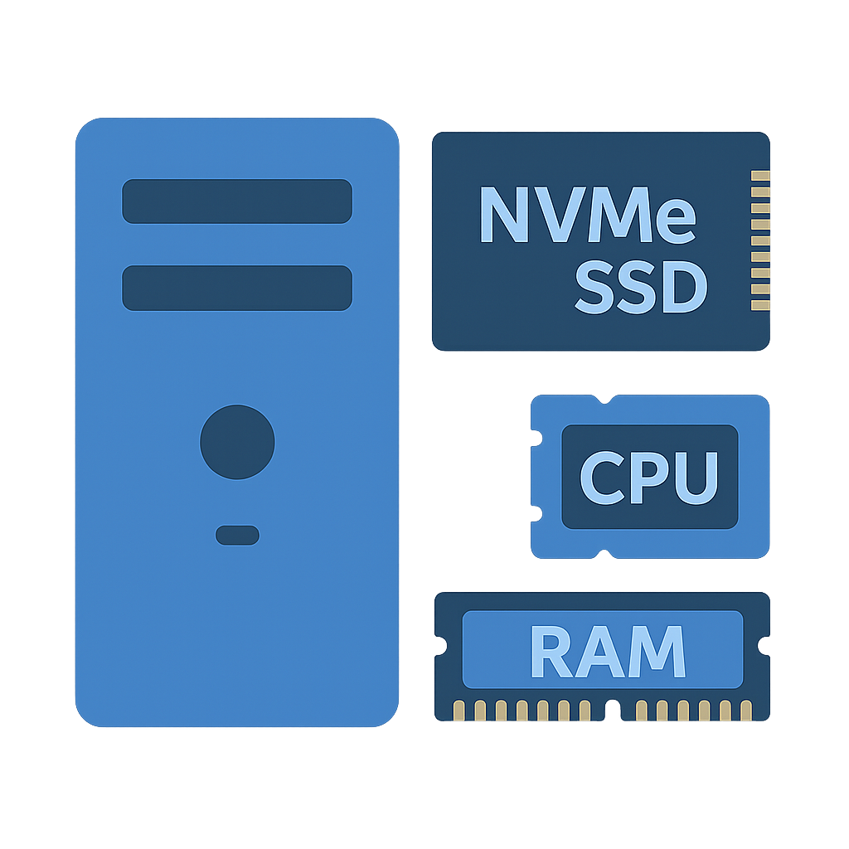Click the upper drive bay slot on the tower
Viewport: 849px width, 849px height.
pos(237,201)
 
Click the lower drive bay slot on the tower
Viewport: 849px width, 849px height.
pos(237,288)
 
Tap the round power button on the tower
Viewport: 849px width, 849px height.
pos(237,442)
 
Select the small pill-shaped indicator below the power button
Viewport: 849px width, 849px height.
pos(237,536)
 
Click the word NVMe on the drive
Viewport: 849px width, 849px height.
pos(587,215)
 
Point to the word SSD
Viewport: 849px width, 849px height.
pos(641,287)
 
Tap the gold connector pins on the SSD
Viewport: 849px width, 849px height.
pos(759,240)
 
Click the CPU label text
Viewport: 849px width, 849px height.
pos(648,478)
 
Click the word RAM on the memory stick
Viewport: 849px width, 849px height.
pos(607,651)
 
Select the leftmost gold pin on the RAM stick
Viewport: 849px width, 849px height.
pos(458,710)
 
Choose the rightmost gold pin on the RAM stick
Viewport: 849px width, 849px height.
pos(746,710)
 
